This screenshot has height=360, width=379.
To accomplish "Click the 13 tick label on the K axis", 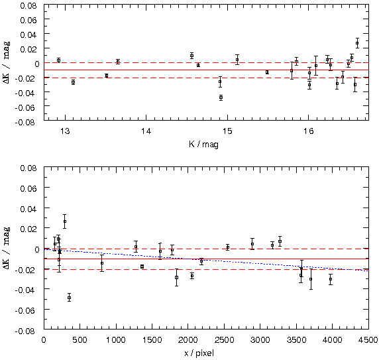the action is tap(65, 131).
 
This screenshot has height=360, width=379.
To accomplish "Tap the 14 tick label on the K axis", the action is tap(146, 131).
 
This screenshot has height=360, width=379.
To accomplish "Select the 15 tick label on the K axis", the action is tap(227, 131).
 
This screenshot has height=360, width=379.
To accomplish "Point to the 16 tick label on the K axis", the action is tap(308, 131).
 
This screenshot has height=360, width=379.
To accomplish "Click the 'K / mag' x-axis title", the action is tap(203, 145).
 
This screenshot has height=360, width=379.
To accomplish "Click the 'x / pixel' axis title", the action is tap(199, 353).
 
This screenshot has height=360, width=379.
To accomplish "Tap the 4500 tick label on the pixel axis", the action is tap(368, 340).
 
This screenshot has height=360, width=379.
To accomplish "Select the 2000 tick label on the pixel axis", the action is tap(188, 340).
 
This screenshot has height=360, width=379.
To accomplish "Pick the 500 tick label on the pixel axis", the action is tap(80, 340).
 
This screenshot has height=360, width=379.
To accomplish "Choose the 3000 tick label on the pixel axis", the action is tap(260, 340).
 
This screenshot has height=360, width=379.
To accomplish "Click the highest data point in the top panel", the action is tap(357, 43).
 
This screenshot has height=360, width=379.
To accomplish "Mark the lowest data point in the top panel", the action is tap(221, 97).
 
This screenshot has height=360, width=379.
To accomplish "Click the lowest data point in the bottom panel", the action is tap(69, 298).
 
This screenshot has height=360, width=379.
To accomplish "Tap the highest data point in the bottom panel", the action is tap(65, 221).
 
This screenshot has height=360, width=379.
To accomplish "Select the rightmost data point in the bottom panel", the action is tap(331, 279).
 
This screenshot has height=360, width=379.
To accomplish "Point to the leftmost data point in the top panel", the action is tap(58, 60).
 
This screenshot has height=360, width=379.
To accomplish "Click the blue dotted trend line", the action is tap(206, 260).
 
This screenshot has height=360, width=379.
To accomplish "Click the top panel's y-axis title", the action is tap(7, 62).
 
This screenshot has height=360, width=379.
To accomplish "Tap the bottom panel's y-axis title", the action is tap(7, 248).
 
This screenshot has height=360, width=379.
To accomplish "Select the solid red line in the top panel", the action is tap(206, 70).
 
